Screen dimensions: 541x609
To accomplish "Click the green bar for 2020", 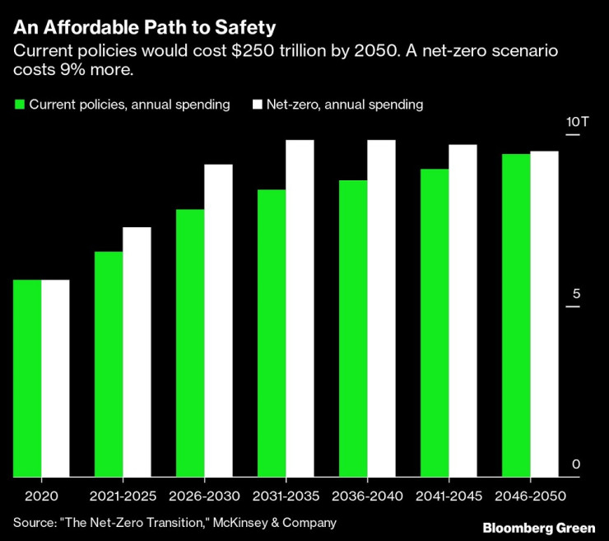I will pos(27,378).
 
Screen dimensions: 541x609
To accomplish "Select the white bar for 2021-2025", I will pos(137,352).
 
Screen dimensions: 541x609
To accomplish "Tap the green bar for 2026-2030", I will pos(190,343).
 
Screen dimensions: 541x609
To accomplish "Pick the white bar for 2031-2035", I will pos(300,308).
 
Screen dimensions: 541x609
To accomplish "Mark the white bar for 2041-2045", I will pos(463,310).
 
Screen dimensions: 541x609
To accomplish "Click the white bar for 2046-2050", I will pos(544,314).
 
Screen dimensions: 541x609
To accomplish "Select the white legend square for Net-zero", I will pos(257,105).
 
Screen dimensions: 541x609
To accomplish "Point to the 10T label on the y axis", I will pos(578,122).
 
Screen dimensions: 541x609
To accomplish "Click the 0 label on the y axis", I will pos(576,464).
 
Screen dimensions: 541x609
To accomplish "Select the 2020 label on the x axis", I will pos(41,497).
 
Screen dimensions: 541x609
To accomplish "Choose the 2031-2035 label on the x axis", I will pos(286,497).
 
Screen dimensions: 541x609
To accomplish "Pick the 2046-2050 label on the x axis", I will pos(531,497).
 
